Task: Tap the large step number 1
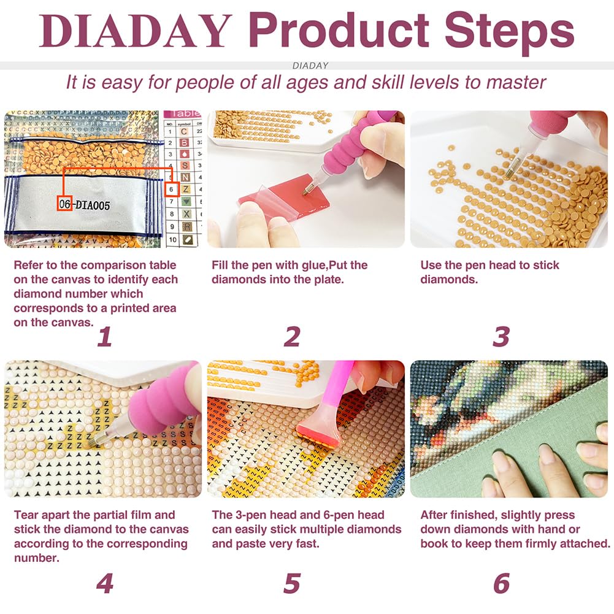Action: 104,337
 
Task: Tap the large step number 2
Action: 292,337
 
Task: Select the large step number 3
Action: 501,337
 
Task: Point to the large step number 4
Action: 104,583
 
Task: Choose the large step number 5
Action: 292,583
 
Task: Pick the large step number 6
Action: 501,583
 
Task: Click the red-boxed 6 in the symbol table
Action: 174,190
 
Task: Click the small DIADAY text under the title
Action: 310,65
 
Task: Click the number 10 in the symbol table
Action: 172,239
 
